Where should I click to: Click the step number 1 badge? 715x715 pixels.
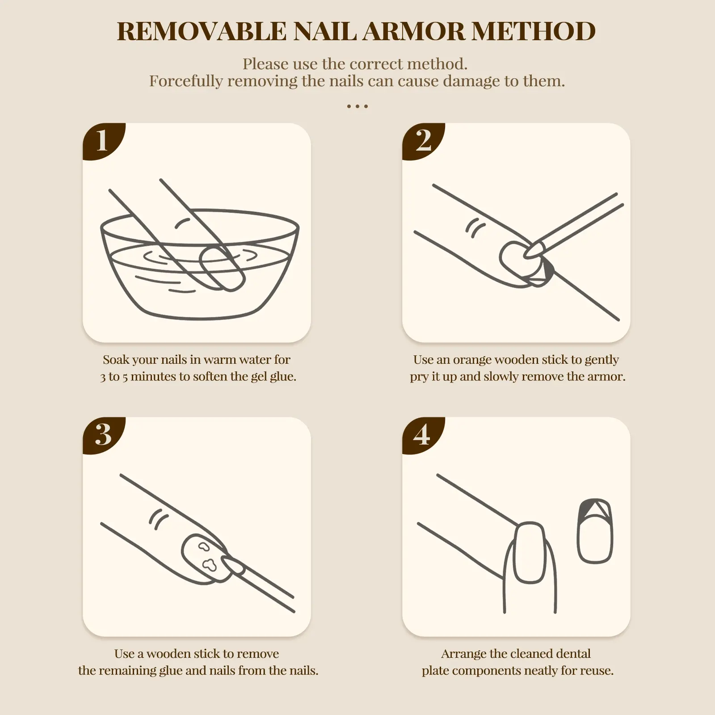[x=102, y=141]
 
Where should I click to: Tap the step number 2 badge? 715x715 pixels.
[x=422, y=141]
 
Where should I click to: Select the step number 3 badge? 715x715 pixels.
[x=102, y=435]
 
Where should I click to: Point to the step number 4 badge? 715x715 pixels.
[x=422, y=435]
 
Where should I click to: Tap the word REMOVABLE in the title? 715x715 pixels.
[x=201, y=31]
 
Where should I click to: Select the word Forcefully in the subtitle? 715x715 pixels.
[x=185, y=81]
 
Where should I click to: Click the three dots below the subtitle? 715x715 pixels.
[x=357, y=106]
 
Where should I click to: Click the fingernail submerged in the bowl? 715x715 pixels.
[x=222, y=268]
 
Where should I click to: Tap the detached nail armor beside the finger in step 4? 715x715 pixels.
[x=595, y=531]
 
